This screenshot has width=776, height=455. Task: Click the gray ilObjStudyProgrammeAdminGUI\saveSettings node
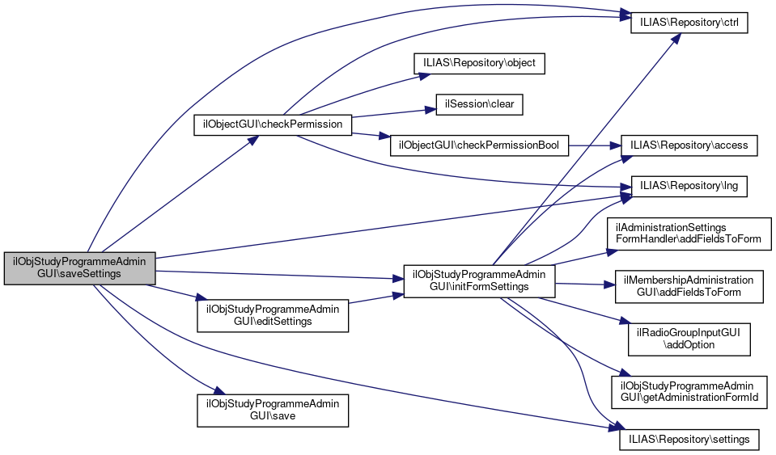coord(79,268)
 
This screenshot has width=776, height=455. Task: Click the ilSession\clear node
coord(479,104)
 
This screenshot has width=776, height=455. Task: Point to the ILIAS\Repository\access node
coord(689,145)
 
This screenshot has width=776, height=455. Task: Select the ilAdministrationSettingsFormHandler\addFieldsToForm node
coord(689,234)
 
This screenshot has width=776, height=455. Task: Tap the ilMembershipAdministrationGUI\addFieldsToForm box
coord(689,285)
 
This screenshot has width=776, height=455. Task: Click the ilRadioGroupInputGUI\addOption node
coord(689,338)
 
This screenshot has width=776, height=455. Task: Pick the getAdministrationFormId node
coord(689,390)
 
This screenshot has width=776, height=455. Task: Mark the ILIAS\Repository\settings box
coord(689,440)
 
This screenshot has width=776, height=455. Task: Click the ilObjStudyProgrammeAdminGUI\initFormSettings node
coord(479,280)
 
